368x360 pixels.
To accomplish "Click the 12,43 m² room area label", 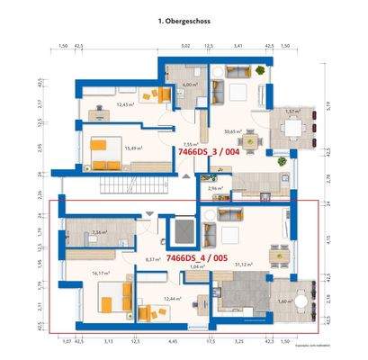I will tap(125, 105).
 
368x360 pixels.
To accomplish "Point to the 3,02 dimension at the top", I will tap(185, 43).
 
